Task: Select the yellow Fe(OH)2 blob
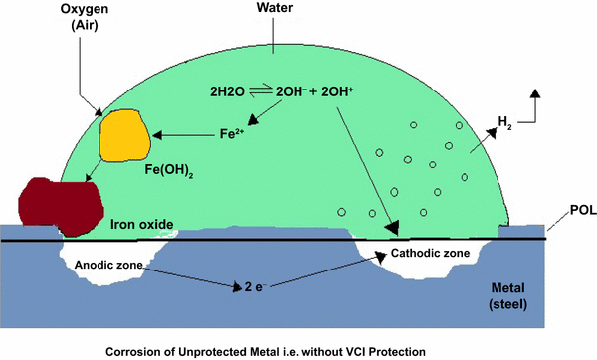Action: point(123,136)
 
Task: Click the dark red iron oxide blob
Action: point(64,205)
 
